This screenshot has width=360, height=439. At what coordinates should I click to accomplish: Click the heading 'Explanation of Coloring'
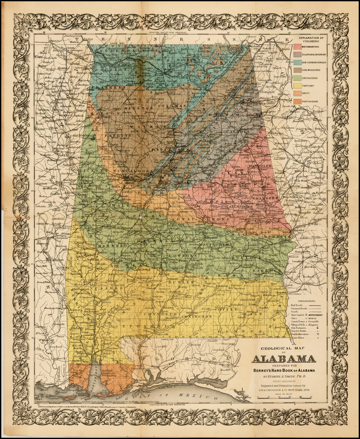311,39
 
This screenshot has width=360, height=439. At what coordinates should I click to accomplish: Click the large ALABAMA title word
283,359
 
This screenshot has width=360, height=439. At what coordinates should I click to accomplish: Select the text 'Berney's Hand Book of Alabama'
283,370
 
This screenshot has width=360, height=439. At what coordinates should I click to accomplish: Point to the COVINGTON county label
197,316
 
